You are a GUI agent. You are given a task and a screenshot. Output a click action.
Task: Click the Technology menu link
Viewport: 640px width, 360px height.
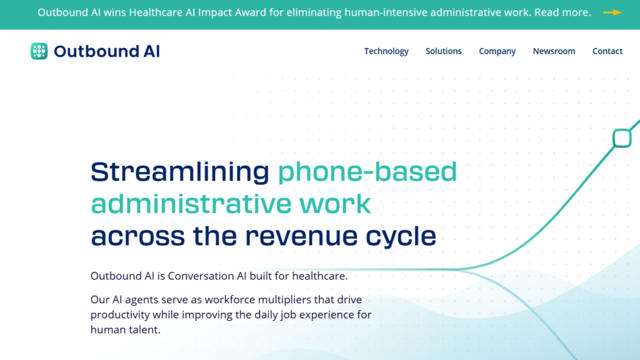(386, 51)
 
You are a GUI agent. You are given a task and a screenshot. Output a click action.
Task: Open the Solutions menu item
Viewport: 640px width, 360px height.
(443, 51)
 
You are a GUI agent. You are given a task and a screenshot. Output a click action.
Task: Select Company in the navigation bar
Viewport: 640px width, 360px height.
(497, 51)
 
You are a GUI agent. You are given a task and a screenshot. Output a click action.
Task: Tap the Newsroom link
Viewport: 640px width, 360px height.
(554, 51)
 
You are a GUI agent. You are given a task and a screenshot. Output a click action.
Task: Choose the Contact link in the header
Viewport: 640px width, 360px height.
(607, 51)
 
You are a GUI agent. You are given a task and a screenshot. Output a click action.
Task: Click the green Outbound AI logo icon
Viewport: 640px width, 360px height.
(39, 51)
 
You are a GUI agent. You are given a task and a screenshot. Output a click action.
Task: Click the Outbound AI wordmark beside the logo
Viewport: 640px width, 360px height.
(106, 51)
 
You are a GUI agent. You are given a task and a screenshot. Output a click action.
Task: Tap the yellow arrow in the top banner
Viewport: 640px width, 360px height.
(612, 13)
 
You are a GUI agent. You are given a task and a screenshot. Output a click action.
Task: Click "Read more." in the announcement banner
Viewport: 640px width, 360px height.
(563, 13)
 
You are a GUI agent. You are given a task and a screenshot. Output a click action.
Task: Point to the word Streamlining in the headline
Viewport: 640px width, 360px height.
(180, 172)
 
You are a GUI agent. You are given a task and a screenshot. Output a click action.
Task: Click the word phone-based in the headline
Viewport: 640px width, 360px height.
(367, 172)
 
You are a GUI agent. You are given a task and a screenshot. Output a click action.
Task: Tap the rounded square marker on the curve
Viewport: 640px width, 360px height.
(622, 138)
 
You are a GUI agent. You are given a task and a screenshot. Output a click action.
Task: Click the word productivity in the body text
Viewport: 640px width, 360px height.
(120, 314)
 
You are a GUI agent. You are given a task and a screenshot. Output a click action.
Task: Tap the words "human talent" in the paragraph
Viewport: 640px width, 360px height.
(125, 330)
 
